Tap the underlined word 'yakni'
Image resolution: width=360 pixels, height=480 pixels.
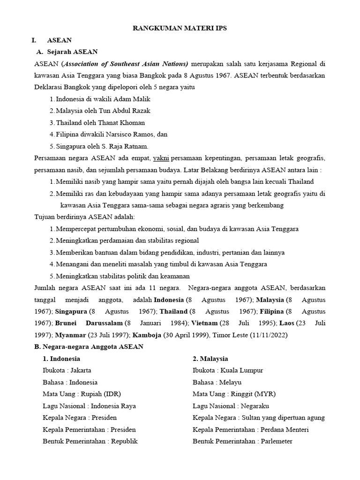point(161,158)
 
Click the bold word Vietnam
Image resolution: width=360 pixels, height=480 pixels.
point(204,323)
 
